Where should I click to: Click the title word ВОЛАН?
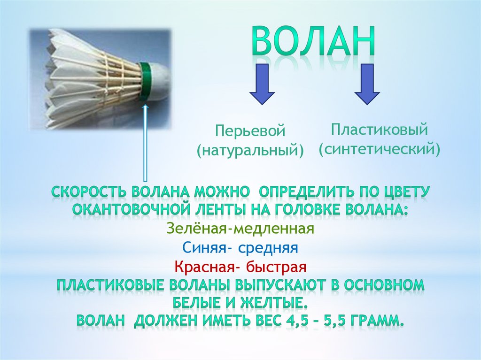click(x=313, y=41)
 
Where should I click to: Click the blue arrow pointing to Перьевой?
click(x=262, y=84)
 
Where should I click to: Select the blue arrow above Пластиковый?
click(x=367, y=84)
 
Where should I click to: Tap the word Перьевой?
click(x=250, y=131)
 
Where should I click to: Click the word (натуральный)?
click(x=250, y=151)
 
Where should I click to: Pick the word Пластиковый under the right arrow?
click(x=379, y=130)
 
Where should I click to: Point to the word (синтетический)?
click(x=379, y=149)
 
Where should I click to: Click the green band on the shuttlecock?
click(x=146, y=82)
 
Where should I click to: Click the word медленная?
click(x=271, y=229)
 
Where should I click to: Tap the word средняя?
click(x=268, y=248)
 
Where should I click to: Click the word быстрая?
click(x=276, y=267)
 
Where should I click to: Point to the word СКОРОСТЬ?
click(x=89, y=192)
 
